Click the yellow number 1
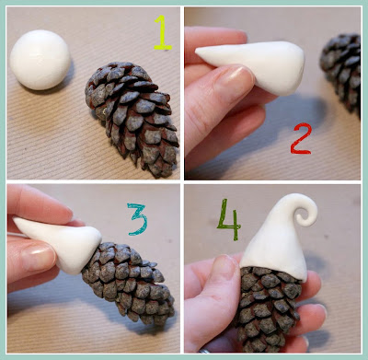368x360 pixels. (x=163, y=32)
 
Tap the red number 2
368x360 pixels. (x=301, y=138)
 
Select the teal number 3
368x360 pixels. (x=138, y=219)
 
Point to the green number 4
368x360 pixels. (x=229, y=219)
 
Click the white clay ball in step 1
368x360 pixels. (x=40, y=60)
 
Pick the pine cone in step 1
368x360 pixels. (x=132, y=118)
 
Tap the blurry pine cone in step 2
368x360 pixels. (x=341, y=72)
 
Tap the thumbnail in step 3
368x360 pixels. (x=39, y=256)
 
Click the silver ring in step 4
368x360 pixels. (x=205, y=351)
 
